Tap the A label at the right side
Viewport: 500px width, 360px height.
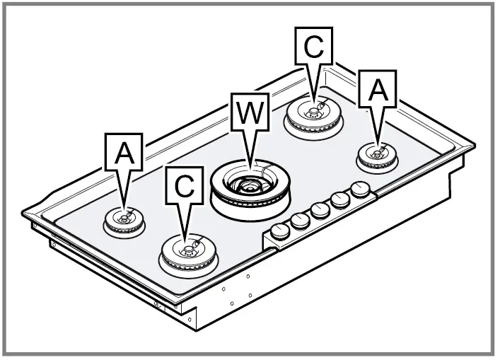pyautogui.click(x=378, y=90)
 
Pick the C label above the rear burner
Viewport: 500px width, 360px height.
pyautogui.click(x=314, y=47)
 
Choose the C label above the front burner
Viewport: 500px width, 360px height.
pyautogui.click(x=184, y=186)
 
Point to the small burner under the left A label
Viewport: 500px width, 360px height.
pyautogui.click(x=124, y=221)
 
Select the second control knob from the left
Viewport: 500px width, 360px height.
pyautogui.click(x=301, y=221)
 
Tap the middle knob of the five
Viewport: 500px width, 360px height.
pyautogui.click(x=320, y=211)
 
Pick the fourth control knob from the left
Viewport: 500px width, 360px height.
pyautogui.click(x=341, y=200)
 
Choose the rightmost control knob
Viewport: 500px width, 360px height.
pyautogui.click(x=361, y=190)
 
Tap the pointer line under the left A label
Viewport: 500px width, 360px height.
pyautogui.click(x=124, y=190)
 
